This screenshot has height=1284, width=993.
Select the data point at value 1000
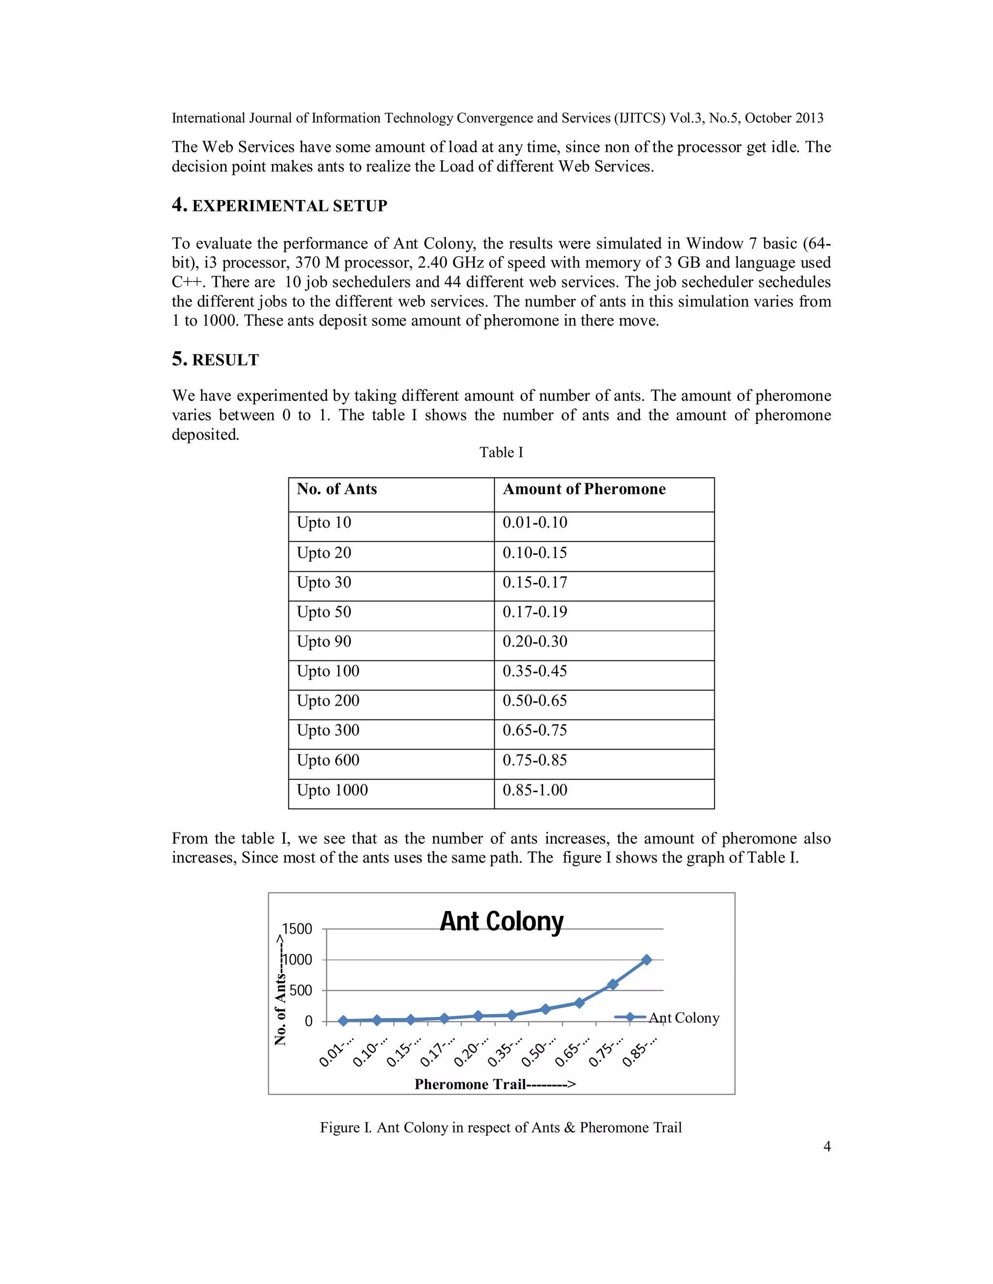coord(646,959)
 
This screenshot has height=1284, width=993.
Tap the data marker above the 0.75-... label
coord(612,984)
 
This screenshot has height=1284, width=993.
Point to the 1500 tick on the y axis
coord(297,929)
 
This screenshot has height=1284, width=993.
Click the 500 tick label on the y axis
coord(301,990)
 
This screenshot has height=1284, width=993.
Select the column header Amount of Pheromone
coord(584,489)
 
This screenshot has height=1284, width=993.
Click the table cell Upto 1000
coord(332,790)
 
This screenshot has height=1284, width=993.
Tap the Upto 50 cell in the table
coord(324,612)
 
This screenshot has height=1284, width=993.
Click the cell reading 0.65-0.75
coord(535,730)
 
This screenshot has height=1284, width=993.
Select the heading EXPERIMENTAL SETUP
coord(289,206)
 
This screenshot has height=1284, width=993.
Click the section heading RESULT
coord(225,360)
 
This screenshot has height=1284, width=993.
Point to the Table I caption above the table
coord(501,452)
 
